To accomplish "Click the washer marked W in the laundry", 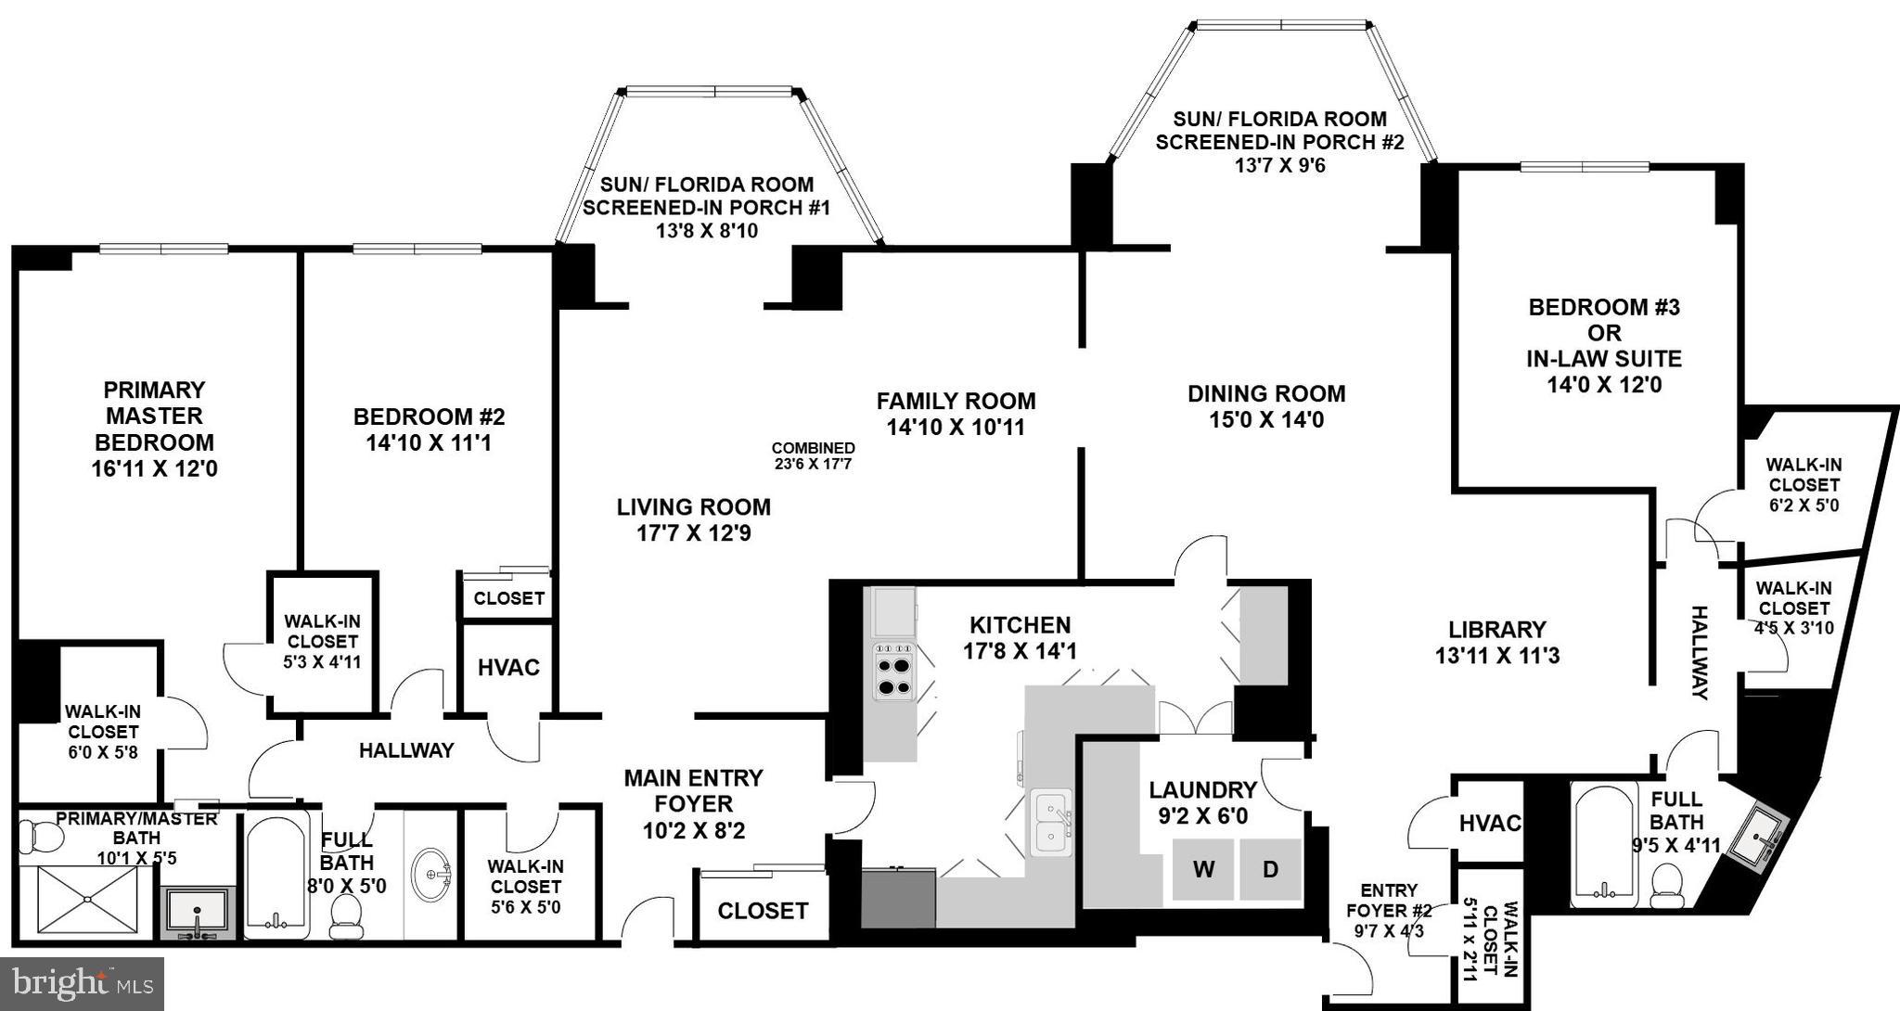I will click(1203, 870).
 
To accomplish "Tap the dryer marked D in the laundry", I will click(1270, 870).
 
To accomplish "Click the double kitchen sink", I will click(1050, 823).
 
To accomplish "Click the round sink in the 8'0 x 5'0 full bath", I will click(431, 874).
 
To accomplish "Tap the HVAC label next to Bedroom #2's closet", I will click(508, 668).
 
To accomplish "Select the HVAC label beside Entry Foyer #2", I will click(1489, 823).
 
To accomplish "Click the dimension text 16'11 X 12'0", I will click(154, 469).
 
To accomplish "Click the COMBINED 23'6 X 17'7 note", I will click(813, 456).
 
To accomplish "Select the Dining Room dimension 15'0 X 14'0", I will click(1265, 420).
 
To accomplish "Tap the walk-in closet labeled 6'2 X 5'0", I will click(1804, 485).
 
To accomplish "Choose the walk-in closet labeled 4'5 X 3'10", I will click(1792, 608).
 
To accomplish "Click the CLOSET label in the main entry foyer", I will click(763, 911).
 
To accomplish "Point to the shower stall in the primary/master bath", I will click(83, 898).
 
